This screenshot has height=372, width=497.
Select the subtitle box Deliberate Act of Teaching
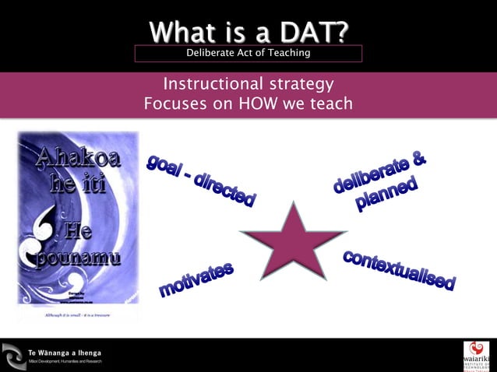[x=248, y=53]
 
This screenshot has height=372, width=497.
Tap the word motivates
[x=196, y=279]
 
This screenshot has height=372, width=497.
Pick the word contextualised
[x=399, y=269]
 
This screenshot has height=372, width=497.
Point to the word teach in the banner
[x=331, y=104]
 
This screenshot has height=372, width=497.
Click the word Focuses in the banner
[x=172, y=104]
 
